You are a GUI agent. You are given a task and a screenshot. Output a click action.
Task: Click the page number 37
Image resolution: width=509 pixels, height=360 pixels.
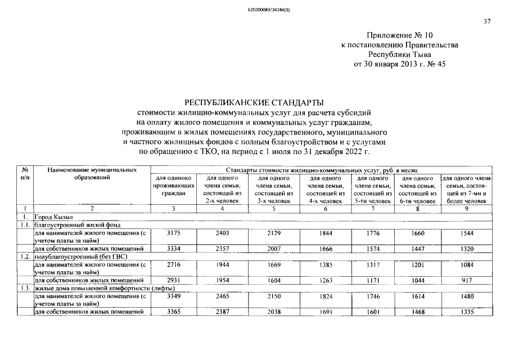[487, 22]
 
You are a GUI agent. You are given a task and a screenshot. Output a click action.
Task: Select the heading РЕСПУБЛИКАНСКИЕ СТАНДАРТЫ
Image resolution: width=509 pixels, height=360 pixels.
[254, 102]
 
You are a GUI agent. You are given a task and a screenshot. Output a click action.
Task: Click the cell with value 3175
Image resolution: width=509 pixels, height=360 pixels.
[173, 233]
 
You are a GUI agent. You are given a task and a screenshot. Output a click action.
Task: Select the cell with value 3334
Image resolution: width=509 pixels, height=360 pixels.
[173, 248]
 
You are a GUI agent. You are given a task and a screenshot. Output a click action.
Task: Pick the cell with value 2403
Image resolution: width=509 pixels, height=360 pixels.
[222, 233]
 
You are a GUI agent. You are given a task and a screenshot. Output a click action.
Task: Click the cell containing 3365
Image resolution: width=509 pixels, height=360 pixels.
[173, 312]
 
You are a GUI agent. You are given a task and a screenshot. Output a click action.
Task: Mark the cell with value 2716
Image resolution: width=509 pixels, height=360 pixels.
[173, 265]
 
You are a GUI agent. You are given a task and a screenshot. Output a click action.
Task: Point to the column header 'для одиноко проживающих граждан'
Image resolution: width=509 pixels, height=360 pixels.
[173, 186]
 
